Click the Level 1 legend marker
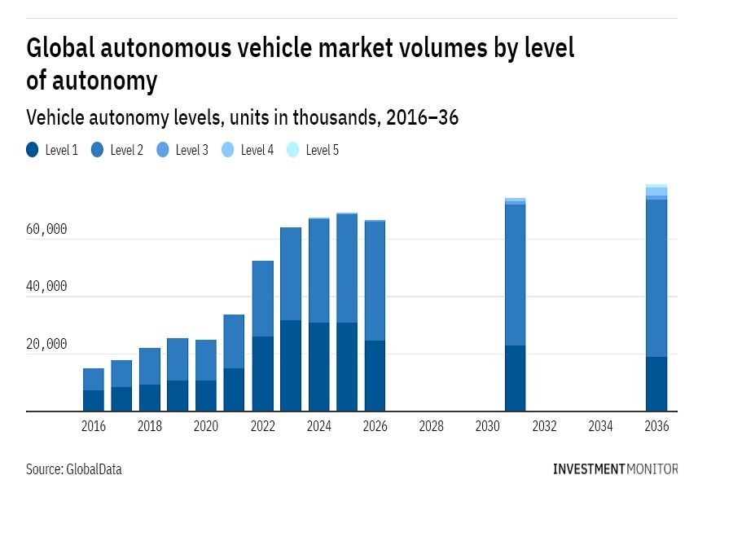33,150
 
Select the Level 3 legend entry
182,150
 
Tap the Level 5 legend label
322,150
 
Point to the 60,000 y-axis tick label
46,230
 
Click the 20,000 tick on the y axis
46,345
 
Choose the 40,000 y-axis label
46,287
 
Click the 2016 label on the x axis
94,426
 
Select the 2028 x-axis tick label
432,426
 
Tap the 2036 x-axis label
656,426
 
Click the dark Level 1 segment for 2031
515,378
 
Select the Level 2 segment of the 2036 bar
656,277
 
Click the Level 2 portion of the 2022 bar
262,298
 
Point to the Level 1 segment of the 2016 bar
94,401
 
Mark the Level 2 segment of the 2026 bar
375,281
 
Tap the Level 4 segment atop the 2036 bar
656,191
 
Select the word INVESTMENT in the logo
589,469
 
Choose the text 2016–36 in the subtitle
422,117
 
